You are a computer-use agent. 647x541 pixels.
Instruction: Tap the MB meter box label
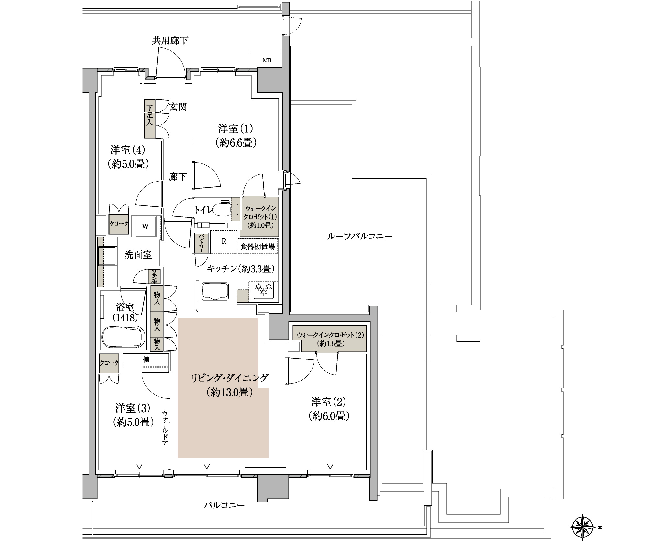click(x=267, y=60)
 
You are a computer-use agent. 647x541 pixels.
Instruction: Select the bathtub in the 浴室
click(x=123, y=337)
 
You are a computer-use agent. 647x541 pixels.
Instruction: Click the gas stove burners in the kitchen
click(x=264, y=289)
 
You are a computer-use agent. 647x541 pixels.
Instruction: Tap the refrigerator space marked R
click(x=224, y=241)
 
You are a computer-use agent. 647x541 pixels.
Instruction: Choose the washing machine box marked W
click(x=145, y=227)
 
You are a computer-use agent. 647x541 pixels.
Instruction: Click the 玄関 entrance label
click(x=178, y=107)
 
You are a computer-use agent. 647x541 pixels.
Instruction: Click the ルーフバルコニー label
click(x=360, y=237)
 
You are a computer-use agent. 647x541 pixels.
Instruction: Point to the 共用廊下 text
click(x=170, y=41)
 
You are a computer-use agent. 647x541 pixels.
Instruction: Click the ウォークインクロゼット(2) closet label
click(x=330, y=335)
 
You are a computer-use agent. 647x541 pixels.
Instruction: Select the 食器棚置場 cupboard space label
click(x=258, y=247)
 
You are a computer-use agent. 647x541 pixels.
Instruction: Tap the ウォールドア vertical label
click(x=165, y=429)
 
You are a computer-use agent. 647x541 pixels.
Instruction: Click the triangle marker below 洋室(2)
click(x=330, y=466)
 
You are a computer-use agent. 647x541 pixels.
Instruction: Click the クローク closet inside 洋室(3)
click(x=109, y=363)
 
